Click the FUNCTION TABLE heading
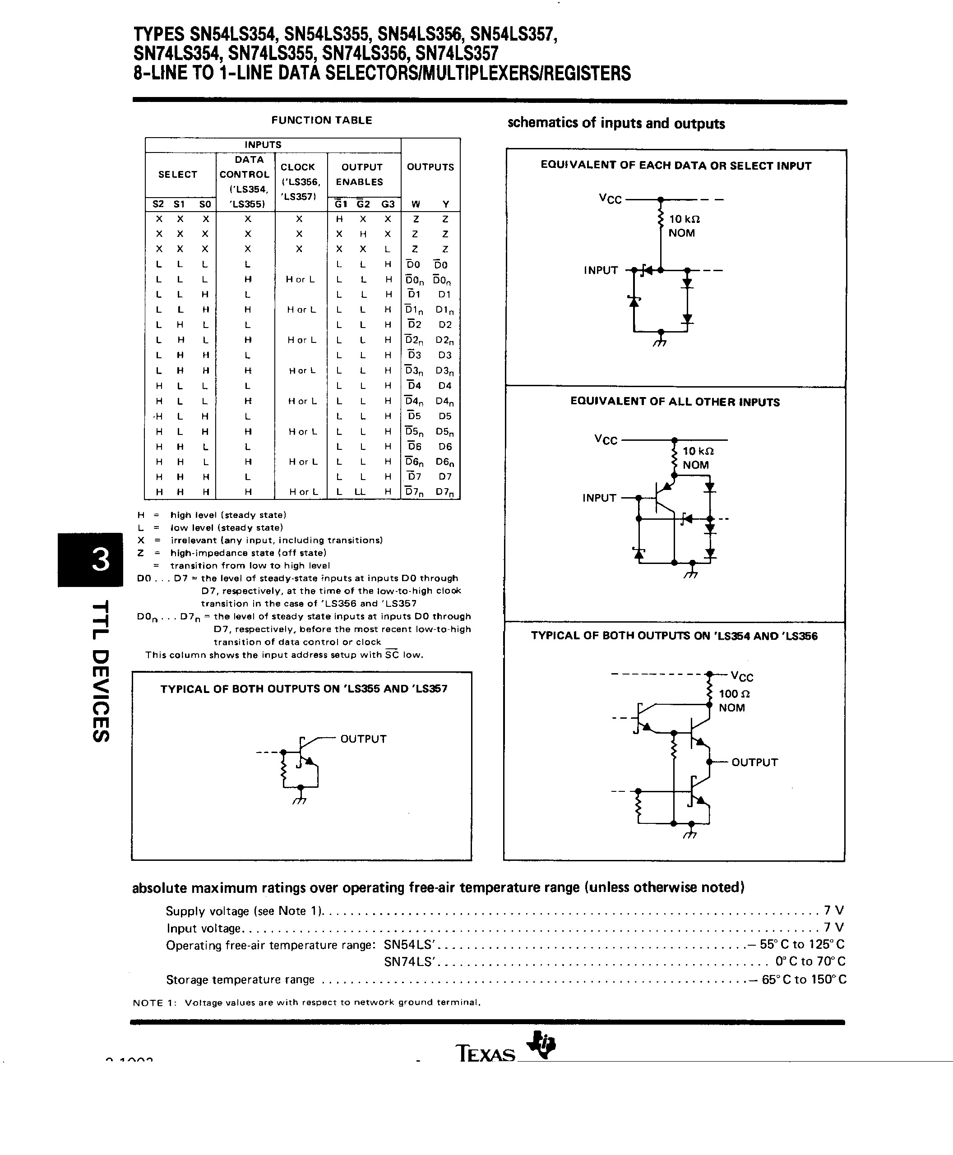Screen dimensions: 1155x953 click(322, 120)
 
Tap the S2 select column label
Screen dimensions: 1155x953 click(158, 204)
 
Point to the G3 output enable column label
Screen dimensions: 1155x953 click(388, 204)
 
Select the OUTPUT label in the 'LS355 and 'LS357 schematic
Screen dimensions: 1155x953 click(363, 739)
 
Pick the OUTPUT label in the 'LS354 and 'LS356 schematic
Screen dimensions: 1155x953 click(754, 762)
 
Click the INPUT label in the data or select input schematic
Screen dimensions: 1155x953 click(601, 270)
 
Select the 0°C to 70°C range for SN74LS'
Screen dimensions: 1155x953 click(810, 961)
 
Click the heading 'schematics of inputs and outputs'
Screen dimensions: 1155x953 click(616, 123)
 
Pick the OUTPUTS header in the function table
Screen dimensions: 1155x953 click(430, 167)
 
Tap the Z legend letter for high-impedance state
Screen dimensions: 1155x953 click(141, 553)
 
